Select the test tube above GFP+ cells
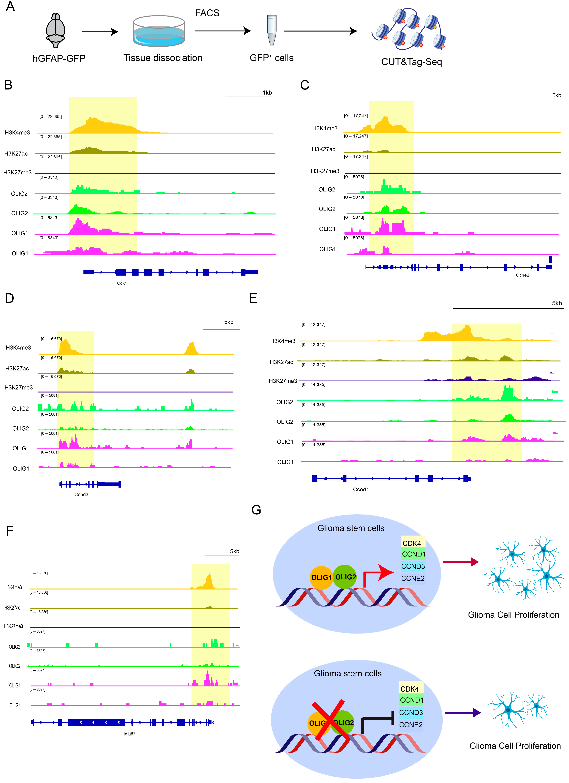tap(272, 30)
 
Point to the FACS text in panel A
tap(207, 13)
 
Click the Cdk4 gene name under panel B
tap(122, 283)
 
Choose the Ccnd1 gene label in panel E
tap(361, 489)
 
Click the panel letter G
tap(256, 510)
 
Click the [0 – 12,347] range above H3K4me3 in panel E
tap(314, 325)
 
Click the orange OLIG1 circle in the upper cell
tap(321, 577)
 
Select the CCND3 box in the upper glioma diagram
tap(413, 566)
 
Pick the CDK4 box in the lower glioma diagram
tap(410, 689)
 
